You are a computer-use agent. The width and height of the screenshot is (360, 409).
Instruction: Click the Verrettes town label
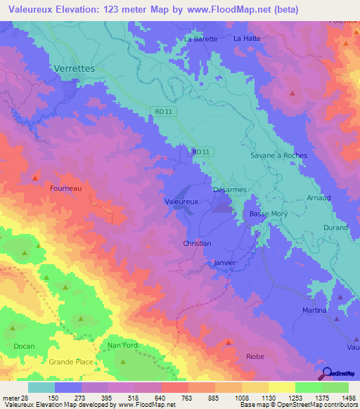click(x=74, y=69)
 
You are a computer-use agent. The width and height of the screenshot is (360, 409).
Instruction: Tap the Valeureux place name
click(x=181, y=201)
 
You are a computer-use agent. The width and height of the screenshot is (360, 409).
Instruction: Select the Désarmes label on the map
click(x=229, y=190)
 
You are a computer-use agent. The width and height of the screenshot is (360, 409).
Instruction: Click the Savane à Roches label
click(x=278, y=155)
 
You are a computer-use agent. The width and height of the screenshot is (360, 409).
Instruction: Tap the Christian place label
click(x=197, y=243)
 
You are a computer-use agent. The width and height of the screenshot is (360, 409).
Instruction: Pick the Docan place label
click(x=23, y=346)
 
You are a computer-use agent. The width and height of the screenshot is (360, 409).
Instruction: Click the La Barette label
click(x=201, y=39)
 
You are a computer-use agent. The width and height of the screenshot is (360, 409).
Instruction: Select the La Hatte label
click(x=247, y=38)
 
